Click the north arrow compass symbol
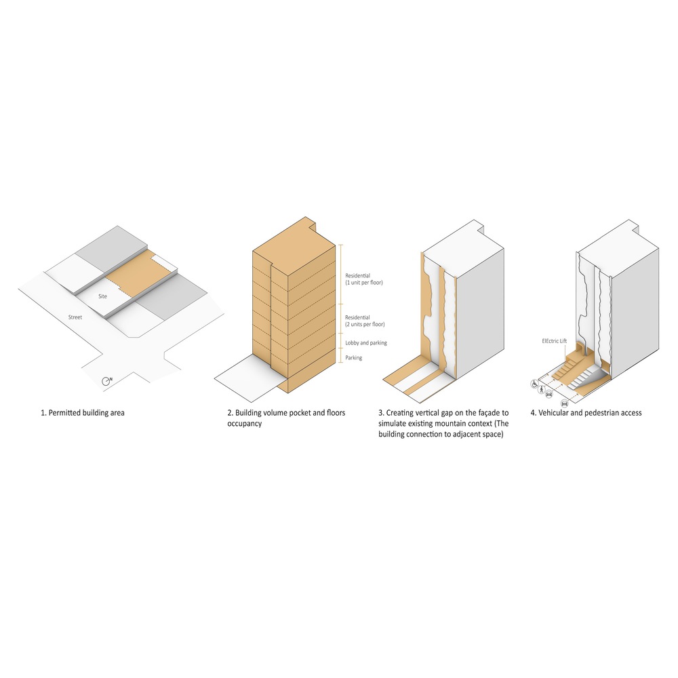[x=106, y=381]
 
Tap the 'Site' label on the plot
[x=102, y=296]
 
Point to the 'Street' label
[x=75, y=317]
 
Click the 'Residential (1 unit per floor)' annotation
[x=363, y=279]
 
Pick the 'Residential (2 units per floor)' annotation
[x=365, y=321]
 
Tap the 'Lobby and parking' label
[x=366, y=343]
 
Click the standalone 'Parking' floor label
[x=354, y=357]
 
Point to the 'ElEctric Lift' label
[x=555, y=341]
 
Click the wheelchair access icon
[x=535, y=383]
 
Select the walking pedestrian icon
[x=542, y=389]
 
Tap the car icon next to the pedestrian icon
[x=549, y=394]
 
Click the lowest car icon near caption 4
[x=564, y=404]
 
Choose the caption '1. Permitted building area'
[x=83, y=413]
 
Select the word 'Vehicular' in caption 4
[x=553, y=413]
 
